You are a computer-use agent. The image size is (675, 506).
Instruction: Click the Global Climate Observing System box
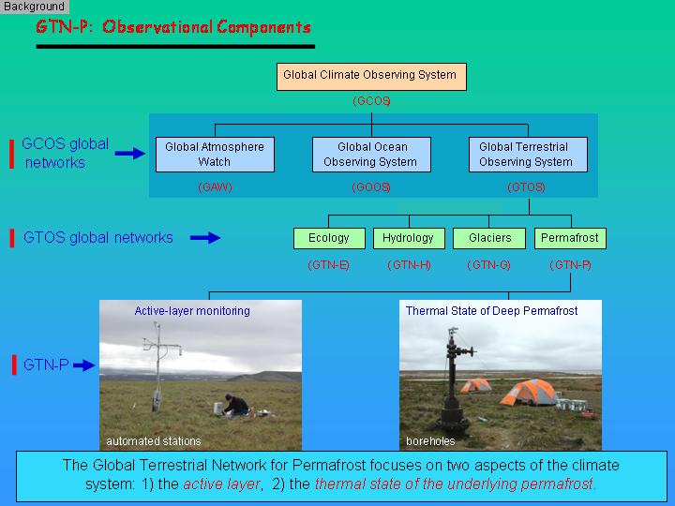[x=371, y=77]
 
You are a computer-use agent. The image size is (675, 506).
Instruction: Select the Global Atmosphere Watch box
[x=215, y=155]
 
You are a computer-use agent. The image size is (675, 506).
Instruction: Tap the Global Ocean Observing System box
[x=371, y=155]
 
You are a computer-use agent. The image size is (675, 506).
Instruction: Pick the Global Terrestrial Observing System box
[x=528, y=155]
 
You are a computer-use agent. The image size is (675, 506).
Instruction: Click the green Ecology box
[x=329, y=238]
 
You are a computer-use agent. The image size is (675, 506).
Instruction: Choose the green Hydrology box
[x=409, y=238]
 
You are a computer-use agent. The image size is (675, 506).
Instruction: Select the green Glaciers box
[x=489, y=238]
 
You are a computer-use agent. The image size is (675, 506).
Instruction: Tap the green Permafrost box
[x=570, y=238]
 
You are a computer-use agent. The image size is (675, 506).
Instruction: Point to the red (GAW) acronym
[x=215, y=187]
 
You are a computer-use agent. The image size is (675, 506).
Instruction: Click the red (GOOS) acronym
[x=371, y=187]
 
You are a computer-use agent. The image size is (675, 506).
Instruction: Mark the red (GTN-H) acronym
[x=409, y=265]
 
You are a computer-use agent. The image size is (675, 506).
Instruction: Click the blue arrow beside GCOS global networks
[x=130, y=153]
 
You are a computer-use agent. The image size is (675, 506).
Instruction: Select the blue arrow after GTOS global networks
[x=205, y=237]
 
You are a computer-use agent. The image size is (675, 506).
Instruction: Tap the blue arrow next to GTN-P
[x=84, y=365]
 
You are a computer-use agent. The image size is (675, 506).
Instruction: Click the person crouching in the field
[x=234, y=405]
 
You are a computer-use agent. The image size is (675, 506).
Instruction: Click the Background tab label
[x=34, y=7]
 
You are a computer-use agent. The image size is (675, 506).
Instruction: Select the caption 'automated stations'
[x=154, y=441]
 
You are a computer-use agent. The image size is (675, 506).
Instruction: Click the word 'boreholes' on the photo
[x=430, y=441]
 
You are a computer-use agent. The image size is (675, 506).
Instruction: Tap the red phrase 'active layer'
[x=221, y=484]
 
